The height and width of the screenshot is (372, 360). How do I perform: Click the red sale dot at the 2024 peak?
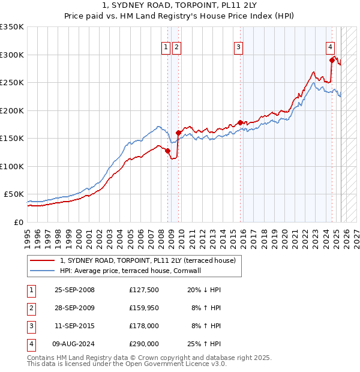(332, 59)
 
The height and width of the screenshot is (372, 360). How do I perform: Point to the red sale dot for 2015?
(240, 122)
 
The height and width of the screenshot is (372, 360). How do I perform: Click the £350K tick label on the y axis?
(12, 27)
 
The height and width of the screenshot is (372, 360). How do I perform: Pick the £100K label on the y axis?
(12, 166)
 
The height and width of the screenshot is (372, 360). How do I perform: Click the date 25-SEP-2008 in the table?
(74, 290)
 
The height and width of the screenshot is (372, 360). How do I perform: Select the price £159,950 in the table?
(144, 308)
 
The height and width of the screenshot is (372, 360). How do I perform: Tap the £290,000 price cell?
(144, 344)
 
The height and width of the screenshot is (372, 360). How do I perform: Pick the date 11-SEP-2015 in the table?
(74, 326)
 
